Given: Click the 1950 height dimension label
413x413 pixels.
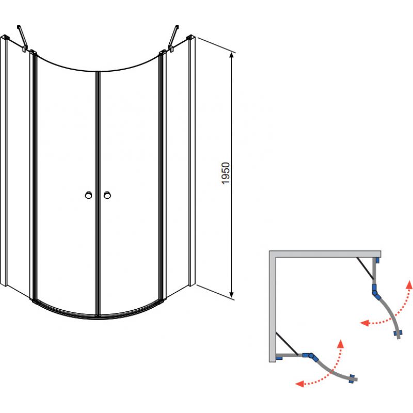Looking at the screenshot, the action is click(226, 173).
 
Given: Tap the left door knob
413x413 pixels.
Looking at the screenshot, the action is click(88, 195).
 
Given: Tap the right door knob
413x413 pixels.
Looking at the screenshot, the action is click(107, 195).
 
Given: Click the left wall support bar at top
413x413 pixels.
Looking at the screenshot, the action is click(22, 38).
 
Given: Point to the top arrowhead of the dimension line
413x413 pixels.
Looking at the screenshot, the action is click(231, 55).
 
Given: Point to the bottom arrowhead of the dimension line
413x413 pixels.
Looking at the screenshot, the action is click(231, 295).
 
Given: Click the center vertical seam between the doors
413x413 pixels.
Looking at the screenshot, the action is click(98, 194).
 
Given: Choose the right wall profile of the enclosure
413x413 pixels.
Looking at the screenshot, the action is click(192, 161).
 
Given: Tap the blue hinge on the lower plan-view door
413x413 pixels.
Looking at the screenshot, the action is click(311, 356).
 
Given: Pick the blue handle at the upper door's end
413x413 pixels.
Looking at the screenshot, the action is click(397, 333).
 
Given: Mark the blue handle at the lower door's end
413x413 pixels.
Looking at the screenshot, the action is click(352, 378).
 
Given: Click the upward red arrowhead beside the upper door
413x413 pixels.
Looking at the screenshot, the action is click(409, 284).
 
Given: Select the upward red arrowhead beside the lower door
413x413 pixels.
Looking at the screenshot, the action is click(341, 343).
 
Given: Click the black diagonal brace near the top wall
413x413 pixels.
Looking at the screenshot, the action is click(365, 268).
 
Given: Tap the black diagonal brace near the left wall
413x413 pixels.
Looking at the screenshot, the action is click(287, 343).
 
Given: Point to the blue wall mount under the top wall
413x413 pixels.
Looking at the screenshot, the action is click(378, 260).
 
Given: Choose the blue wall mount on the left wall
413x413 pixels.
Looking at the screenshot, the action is click(279, 358).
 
